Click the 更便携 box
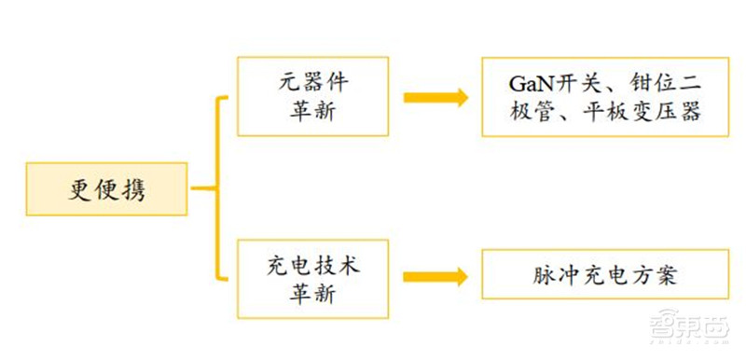pos(107,189)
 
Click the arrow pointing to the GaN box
pos(435,97)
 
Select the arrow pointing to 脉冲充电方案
pos(435,276)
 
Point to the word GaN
pos(530,82)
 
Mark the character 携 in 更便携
pos(134,190)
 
